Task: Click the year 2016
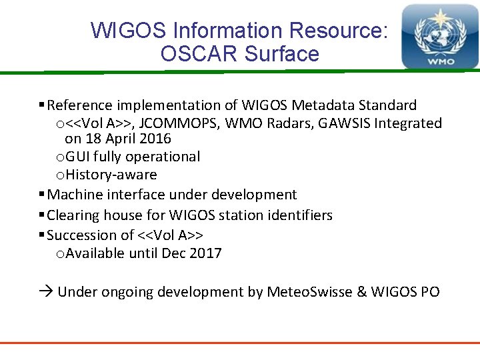[x=155, y=139]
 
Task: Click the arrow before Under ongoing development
[x=46, y=292]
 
